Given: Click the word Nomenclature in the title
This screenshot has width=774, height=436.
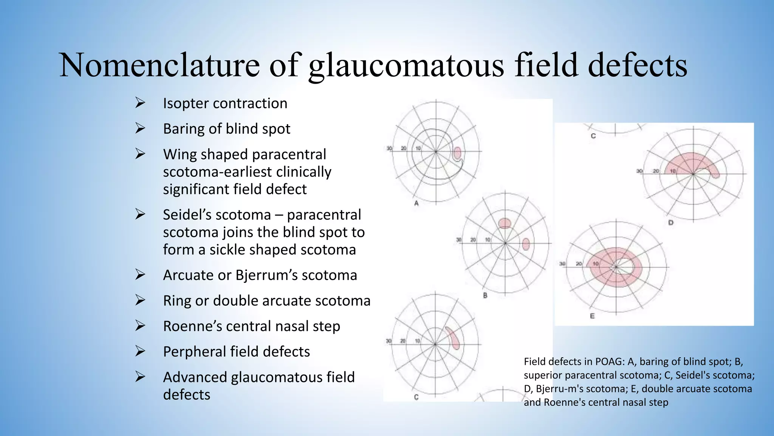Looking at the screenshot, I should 159,65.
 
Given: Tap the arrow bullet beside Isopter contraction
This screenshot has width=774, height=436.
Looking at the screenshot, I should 140,103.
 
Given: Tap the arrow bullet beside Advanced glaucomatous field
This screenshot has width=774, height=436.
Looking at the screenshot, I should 140,377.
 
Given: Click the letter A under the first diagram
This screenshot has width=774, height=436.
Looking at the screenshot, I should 416,203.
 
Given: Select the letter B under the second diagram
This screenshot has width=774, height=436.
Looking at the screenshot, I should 485,295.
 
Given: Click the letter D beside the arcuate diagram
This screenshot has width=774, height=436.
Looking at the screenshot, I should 670,223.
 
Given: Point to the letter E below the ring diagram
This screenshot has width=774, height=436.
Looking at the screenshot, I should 592,316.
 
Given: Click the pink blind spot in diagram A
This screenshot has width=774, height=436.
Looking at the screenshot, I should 457,153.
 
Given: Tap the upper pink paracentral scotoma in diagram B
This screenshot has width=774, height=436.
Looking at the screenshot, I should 505,223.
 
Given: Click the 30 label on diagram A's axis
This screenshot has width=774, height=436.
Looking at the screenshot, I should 389,148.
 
